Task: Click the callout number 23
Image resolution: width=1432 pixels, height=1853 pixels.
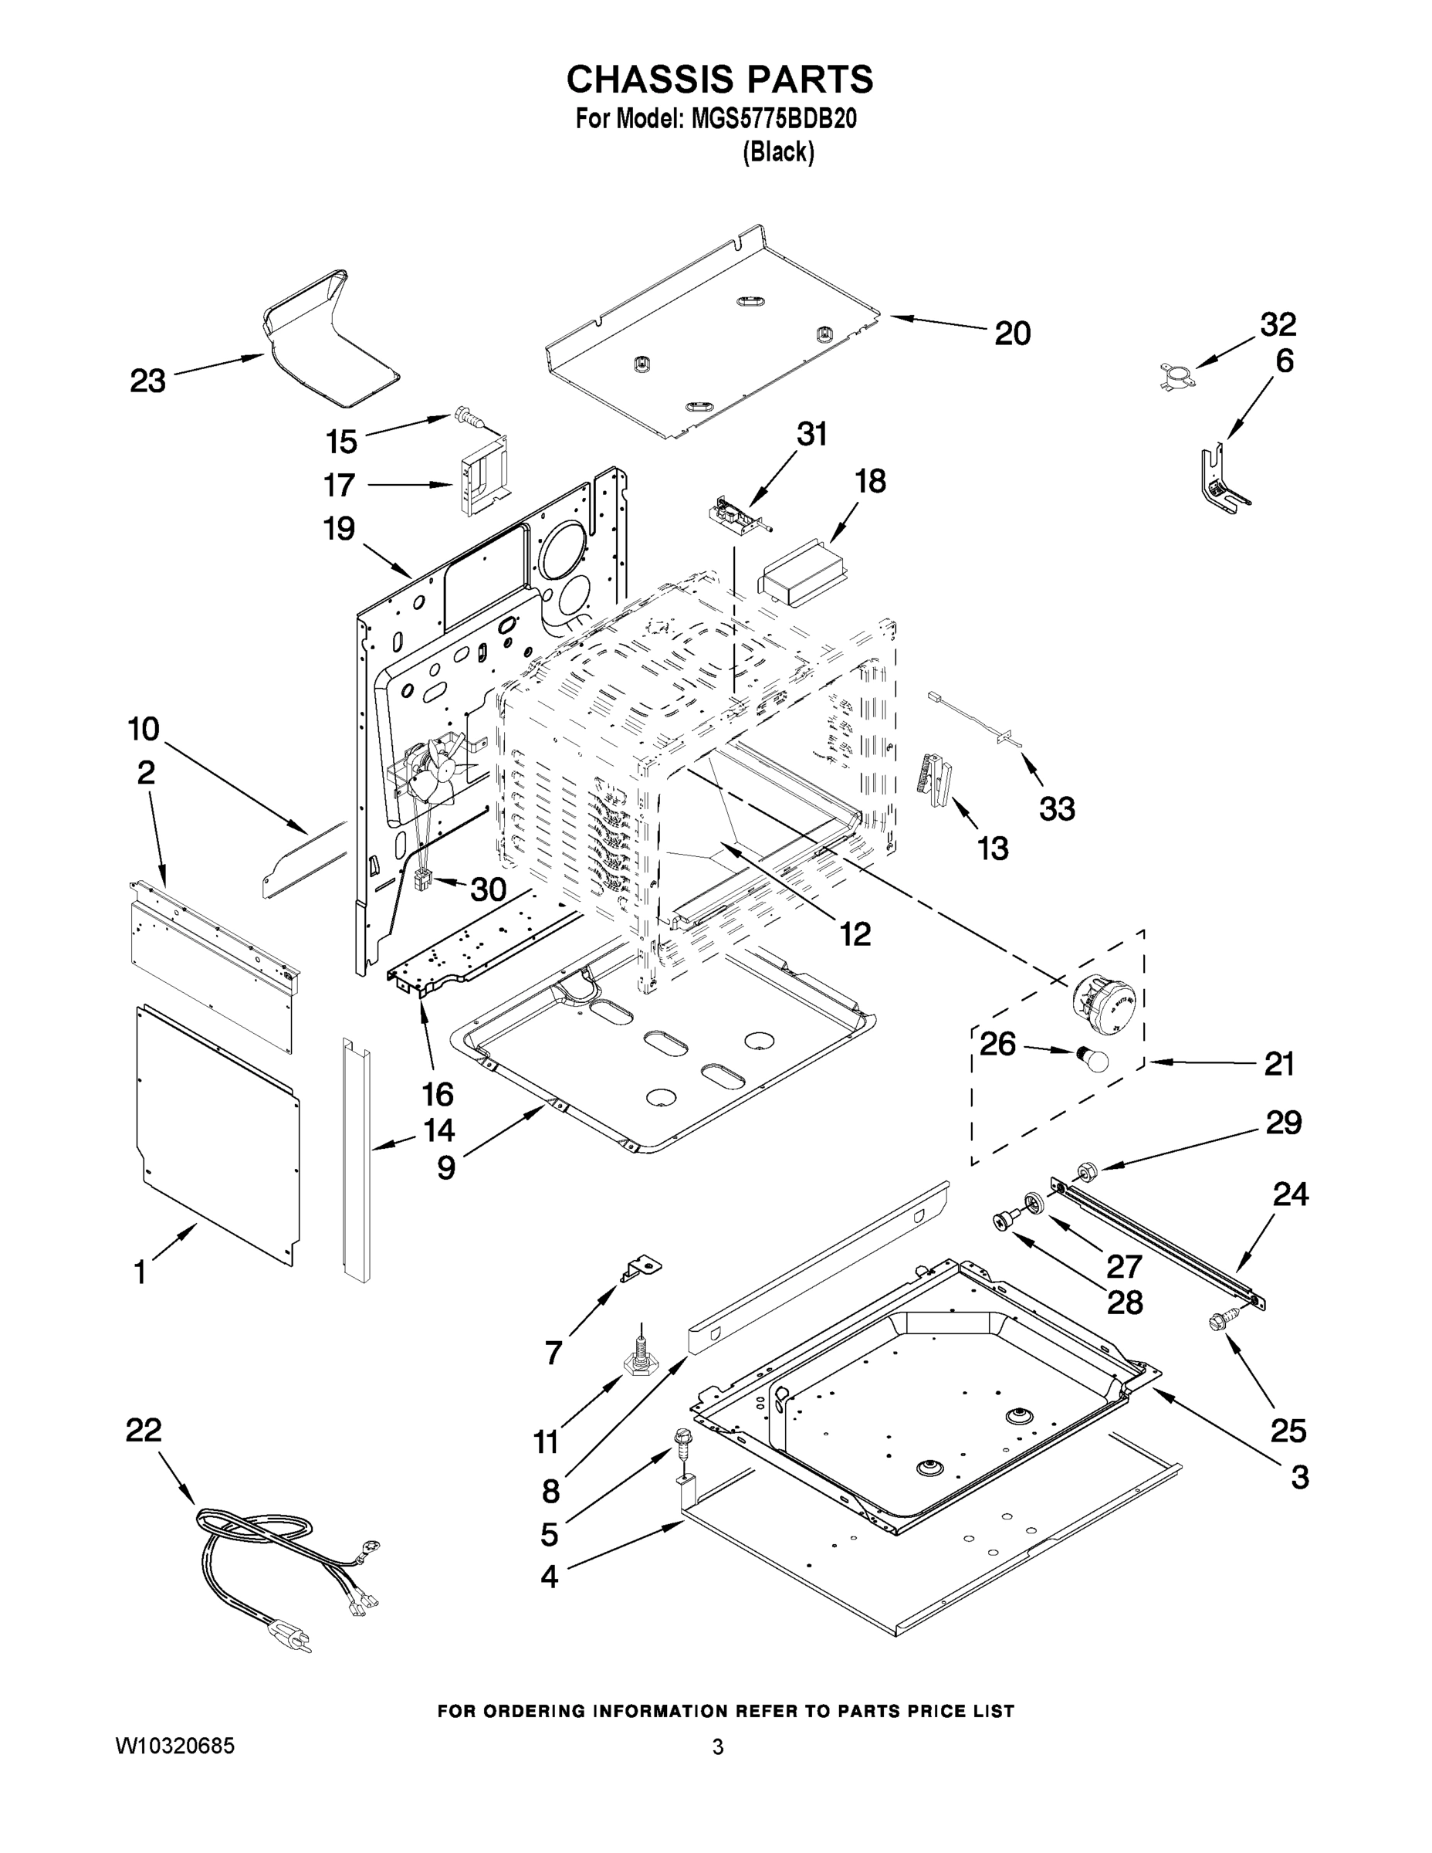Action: [147, 382]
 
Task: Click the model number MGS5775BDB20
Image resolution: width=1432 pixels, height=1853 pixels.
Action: [773, 120]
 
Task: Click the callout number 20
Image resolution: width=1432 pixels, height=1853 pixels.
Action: [1011, 334]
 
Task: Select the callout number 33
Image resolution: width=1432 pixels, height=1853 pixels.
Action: [1057, 808]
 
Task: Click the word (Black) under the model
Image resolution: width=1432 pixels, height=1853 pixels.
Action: [778, 153]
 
